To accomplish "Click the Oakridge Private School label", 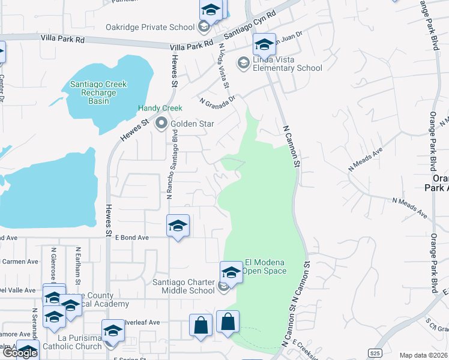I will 150,27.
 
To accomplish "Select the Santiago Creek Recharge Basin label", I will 98,92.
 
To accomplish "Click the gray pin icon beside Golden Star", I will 161,124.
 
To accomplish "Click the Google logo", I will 19,353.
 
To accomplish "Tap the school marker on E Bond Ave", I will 178,226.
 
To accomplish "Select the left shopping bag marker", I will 200,326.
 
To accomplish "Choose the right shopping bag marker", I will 228,322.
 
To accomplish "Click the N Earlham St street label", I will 78,263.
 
